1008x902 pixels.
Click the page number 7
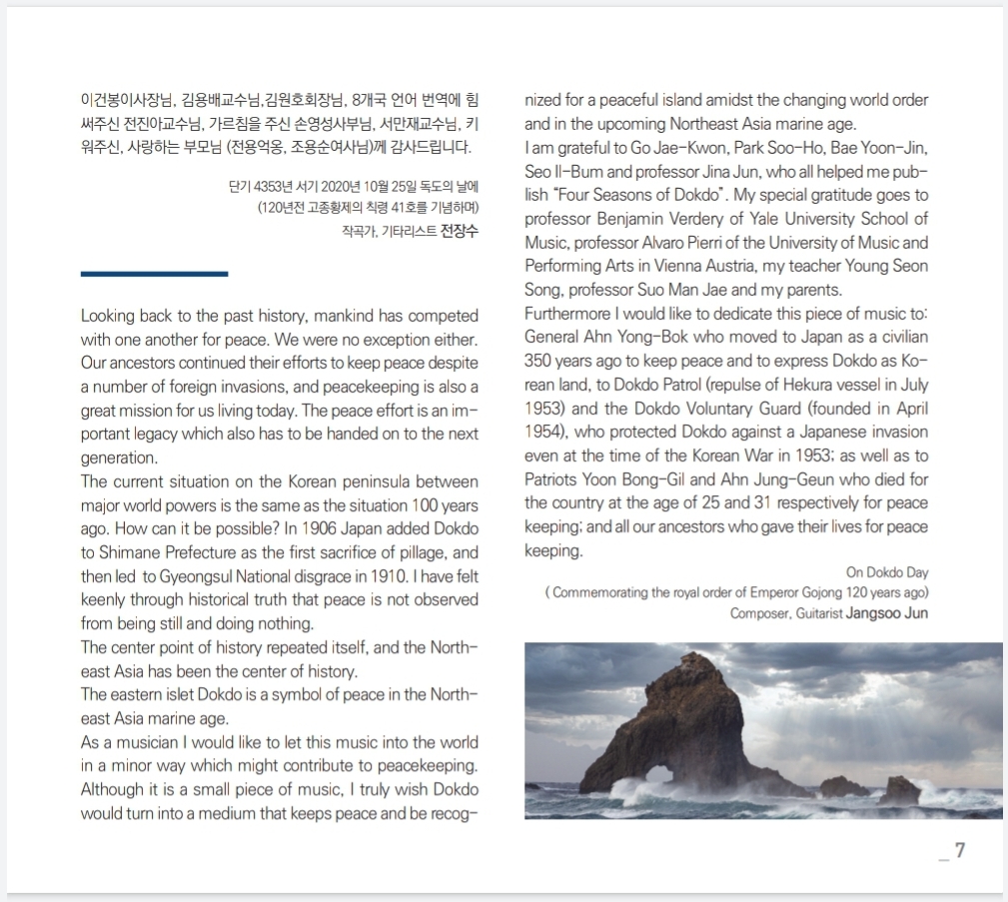960,851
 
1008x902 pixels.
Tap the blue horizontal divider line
154,273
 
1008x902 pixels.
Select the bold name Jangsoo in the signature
870,613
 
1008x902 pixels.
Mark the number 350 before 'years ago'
540,362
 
